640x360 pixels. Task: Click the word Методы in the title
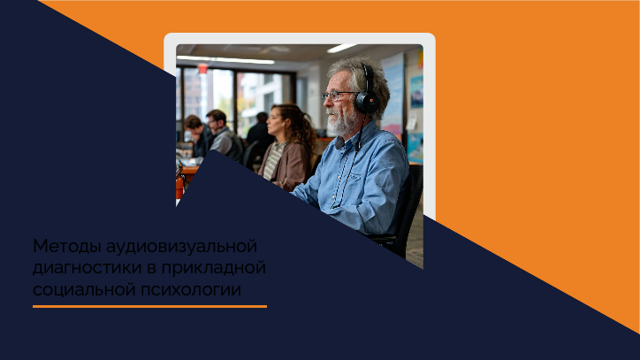pos(67,247)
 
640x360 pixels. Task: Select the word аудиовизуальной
pos(181,247)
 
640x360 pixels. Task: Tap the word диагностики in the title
pos(88,269)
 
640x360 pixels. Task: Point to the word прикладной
pos(213,269)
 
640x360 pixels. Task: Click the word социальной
pos(84,290)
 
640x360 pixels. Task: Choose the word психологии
pos(191,290)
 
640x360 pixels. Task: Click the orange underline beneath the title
pos(149,306)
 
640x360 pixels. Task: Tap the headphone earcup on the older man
pos(367,102)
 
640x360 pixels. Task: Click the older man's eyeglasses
pos(338,96)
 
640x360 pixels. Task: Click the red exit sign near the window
pos(202,68)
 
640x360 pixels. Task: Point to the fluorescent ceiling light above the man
pos(341,49)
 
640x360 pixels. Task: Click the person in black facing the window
pos(260,131)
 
